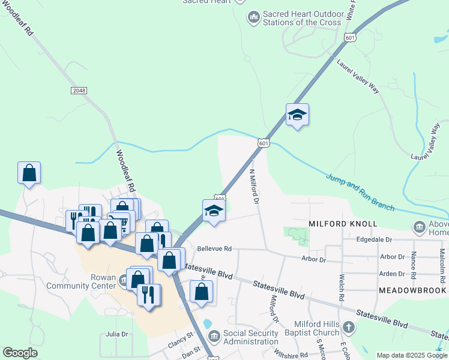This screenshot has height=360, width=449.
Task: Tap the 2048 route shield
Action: pos(79,90)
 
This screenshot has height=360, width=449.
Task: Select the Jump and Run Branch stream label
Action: pos(360,193)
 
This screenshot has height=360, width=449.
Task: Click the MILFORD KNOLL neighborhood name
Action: pos(343,224)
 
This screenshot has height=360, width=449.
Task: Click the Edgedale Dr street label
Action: pos(373,239)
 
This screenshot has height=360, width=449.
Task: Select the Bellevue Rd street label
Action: pos(214,248)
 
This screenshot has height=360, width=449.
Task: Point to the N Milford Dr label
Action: pos(254,187)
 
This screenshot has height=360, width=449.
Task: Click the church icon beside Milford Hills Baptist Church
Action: pos(349,328)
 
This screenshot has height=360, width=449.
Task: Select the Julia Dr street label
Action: pos(116,334)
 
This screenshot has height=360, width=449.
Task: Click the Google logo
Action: pos(20,353)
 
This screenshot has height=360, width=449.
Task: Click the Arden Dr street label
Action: pos(392,274)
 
